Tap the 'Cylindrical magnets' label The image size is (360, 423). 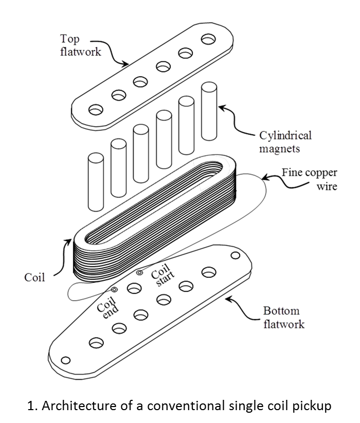coord(285,143)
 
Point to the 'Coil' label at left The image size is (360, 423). coord(35,278)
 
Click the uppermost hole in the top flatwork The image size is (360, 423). coord(209,39)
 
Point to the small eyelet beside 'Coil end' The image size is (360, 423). coord(114,290)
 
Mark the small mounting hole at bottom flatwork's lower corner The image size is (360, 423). coord(65,360)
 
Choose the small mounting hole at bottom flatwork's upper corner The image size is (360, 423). coord(235,256)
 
